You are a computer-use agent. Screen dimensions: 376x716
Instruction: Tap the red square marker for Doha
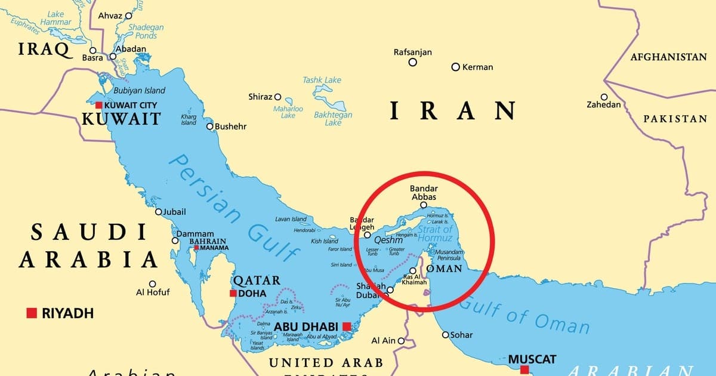233,293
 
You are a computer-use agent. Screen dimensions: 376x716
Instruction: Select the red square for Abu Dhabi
347,326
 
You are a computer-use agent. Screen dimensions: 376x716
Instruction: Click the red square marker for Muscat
524,370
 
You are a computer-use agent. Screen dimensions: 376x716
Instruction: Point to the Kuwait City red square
98,105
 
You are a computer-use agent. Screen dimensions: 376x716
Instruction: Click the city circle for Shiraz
277,96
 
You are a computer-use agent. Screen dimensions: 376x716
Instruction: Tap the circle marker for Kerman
455,67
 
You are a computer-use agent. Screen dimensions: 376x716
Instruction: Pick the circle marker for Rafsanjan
412,62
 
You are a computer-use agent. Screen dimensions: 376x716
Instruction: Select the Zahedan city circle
604,97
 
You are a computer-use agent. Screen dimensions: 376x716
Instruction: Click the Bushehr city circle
209,127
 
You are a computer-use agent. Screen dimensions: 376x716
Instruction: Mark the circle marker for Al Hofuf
153,284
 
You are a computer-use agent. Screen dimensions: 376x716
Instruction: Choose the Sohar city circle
445,335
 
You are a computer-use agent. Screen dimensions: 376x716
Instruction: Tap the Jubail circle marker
158,212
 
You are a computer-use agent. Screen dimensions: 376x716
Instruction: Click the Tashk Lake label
322,79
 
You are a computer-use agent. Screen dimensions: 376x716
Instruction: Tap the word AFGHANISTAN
668,57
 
